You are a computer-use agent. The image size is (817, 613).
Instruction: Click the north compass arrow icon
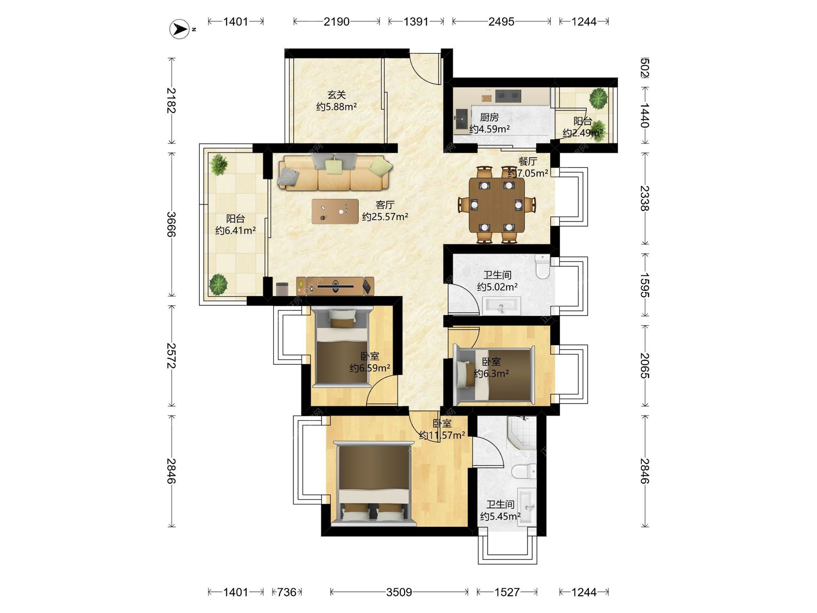tap(180, 29)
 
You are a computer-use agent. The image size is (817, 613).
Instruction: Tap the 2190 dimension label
tap(337, 21)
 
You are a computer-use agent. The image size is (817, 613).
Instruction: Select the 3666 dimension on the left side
tap(171, 224)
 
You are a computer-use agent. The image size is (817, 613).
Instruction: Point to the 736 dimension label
tap(287, 592)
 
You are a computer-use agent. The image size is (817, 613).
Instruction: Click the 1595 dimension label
tap(645, 285)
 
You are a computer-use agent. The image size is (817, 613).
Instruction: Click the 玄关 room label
tap(337, 95)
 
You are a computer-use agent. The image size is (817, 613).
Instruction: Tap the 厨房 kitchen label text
tap(489, 117)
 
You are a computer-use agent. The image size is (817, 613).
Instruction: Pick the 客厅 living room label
tap(385, 205)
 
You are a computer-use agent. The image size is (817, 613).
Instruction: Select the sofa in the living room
tap(334, 172)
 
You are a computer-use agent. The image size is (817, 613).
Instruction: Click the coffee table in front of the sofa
tap(335, 211)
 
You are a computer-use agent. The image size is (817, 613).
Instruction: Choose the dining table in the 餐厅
tap(497, 205)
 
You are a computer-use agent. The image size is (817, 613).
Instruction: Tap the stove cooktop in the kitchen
tap(508, 96)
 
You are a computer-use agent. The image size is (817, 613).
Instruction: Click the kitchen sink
tap(461, 119)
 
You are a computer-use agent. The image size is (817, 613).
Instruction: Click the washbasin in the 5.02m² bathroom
tap(501, 306)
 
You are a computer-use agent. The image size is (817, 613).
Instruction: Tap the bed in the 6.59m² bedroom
tap(342, 347)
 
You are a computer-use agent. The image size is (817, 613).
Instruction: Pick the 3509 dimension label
tap(399, 592)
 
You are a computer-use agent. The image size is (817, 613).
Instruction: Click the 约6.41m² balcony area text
tap(235, 231)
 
